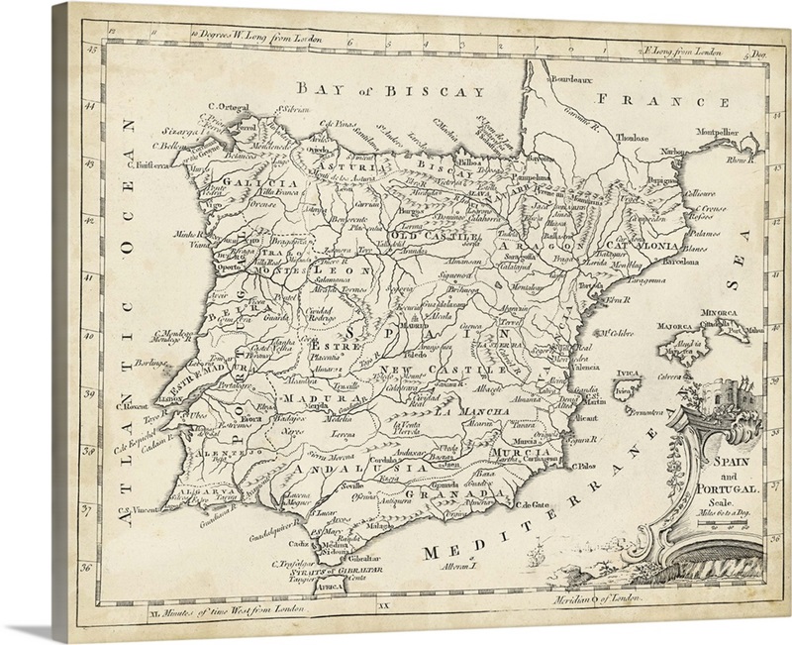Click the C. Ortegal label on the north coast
pos(226,108)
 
